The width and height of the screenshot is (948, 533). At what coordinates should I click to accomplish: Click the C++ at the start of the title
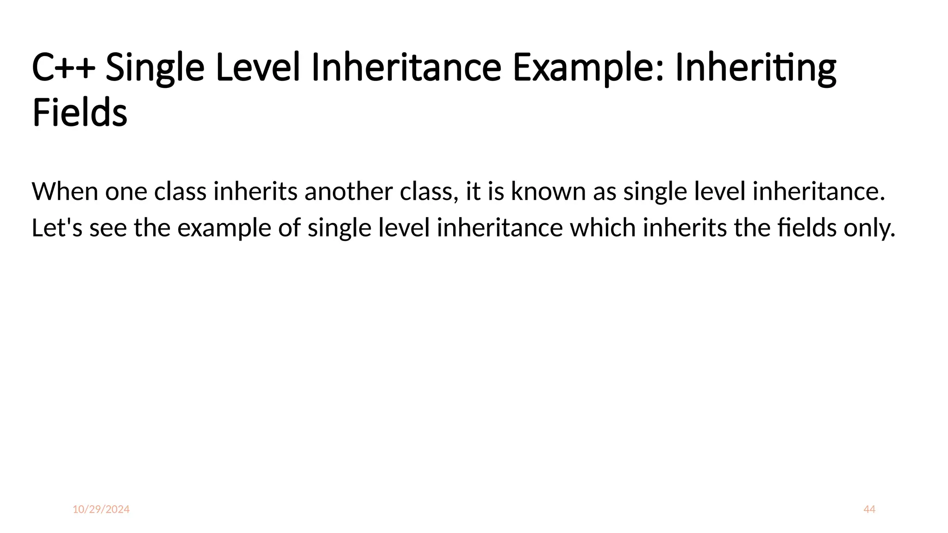pos(63,68)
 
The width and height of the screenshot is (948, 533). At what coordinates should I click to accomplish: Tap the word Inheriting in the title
pos(755,68)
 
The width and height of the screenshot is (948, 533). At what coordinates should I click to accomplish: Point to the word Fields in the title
pos(80,113)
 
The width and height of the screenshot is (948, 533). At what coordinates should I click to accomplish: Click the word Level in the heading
pos(258,68)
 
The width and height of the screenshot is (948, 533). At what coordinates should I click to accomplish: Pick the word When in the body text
pos(65,192)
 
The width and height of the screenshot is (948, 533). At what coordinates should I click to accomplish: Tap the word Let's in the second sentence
pos(57,228)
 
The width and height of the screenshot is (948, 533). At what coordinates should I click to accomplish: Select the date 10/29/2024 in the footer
pos(101,509)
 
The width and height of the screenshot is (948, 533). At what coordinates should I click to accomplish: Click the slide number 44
pos(869,509)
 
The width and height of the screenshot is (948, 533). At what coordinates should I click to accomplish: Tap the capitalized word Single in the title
pos(155,68)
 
